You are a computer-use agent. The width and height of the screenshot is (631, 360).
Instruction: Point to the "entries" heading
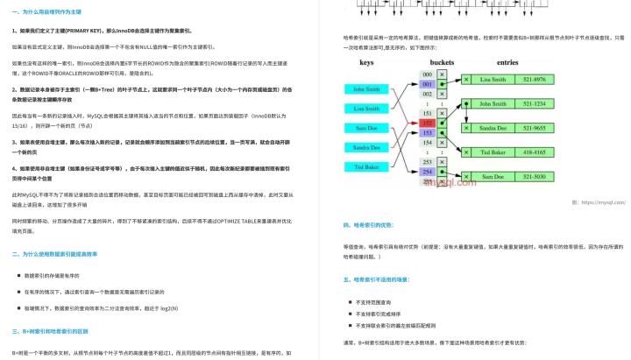[508, 63]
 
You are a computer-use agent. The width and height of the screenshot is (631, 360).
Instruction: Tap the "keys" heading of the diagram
[366, 63]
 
